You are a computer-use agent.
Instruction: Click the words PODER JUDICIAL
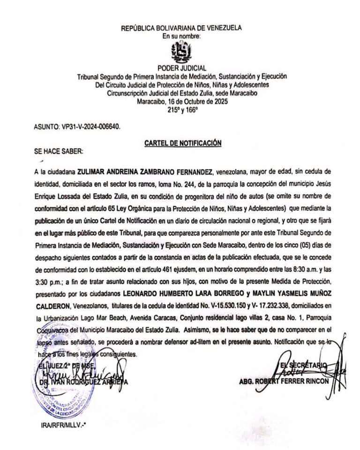click(x=181, y=68)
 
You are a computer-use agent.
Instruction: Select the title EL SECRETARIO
click(x=304, y=366)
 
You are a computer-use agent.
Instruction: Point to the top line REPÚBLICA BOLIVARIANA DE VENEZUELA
click(x=181, y=28)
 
